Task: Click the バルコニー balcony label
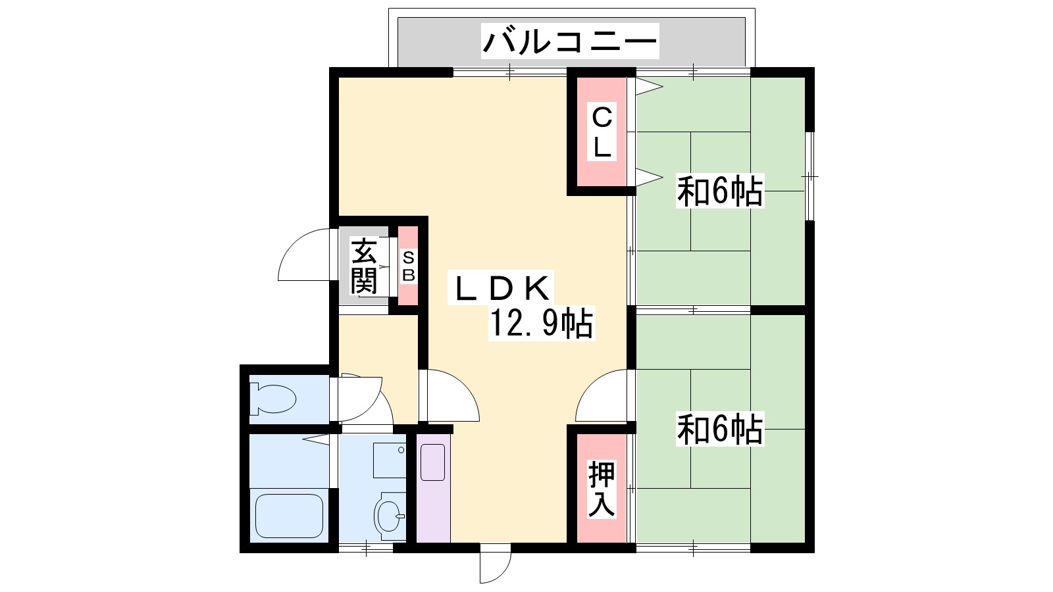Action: [x=570, y=41]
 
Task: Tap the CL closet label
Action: [x=602, y=132]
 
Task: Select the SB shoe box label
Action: [x=409, y=266]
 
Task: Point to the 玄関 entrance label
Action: [x=364, y=266]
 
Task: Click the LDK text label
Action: [x=501, y=287]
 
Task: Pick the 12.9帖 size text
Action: [x=541, y=322]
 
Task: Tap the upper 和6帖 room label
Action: [x=720, y=191]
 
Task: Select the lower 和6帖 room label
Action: [x=720, y=428]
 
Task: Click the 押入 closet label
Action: [x=602, y=489]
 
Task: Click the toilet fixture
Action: [x=272, y=399]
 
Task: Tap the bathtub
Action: [x=289, y=516]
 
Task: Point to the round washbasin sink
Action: [x=390, y=516]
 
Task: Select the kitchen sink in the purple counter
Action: [x=432, y=462]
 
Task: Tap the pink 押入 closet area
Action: [x=602, y=488]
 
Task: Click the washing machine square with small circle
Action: [x=389, y=460]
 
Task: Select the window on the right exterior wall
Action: [x=809, y=176]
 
